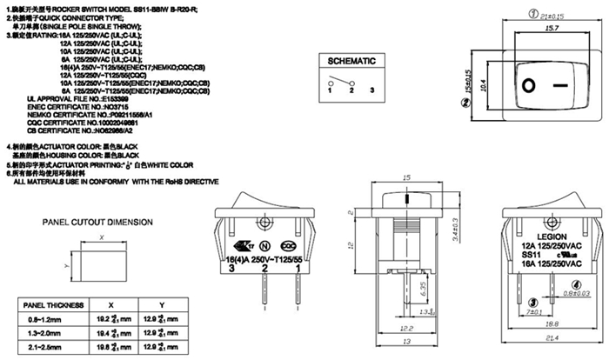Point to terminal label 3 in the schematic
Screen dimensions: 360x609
pyautogui.click(x=372, y=90)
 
